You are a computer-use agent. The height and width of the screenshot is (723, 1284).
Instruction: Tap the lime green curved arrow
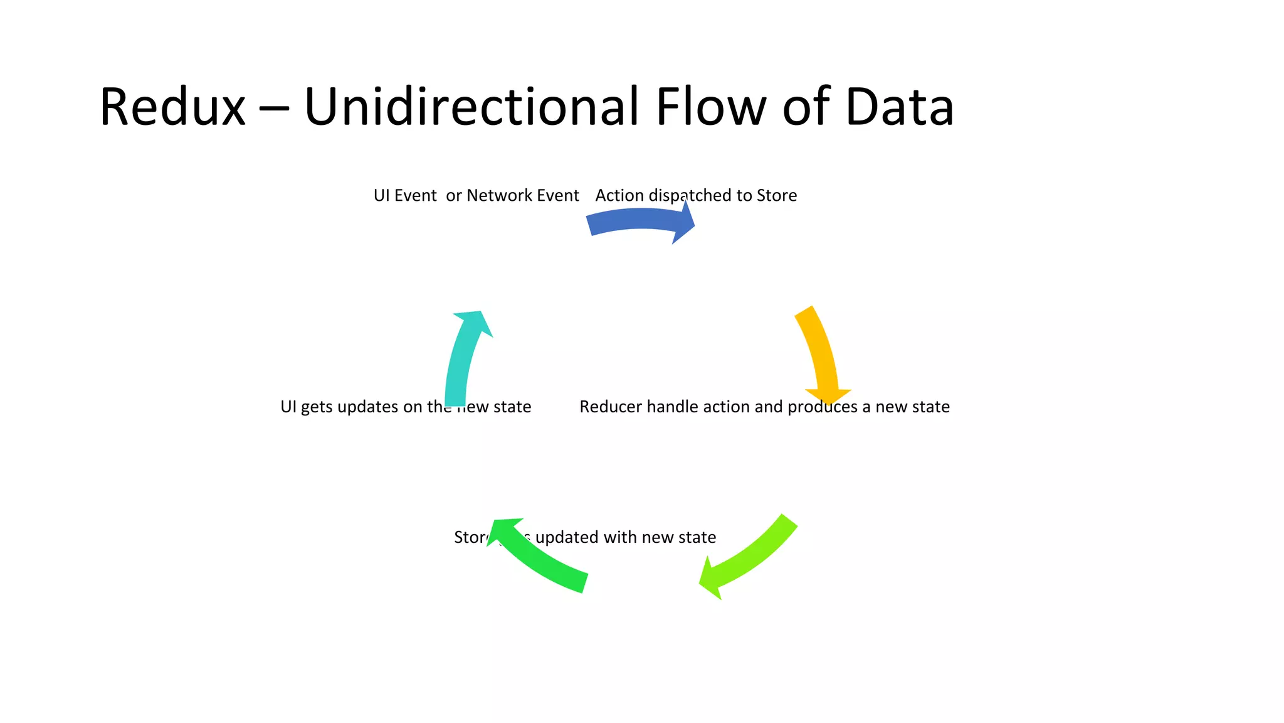[749, 559]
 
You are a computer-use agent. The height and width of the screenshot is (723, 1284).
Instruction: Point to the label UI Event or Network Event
[476, 196]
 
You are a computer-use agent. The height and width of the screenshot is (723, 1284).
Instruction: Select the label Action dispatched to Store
[696, 196]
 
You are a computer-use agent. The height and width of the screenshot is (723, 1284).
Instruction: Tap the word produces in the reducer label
[823, 407]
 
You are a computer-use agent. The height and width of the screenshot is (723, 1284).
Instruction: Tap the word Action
[619, 196]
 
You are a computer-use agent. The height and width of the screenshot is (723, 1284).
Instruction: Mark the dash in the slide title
[274, 108]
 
